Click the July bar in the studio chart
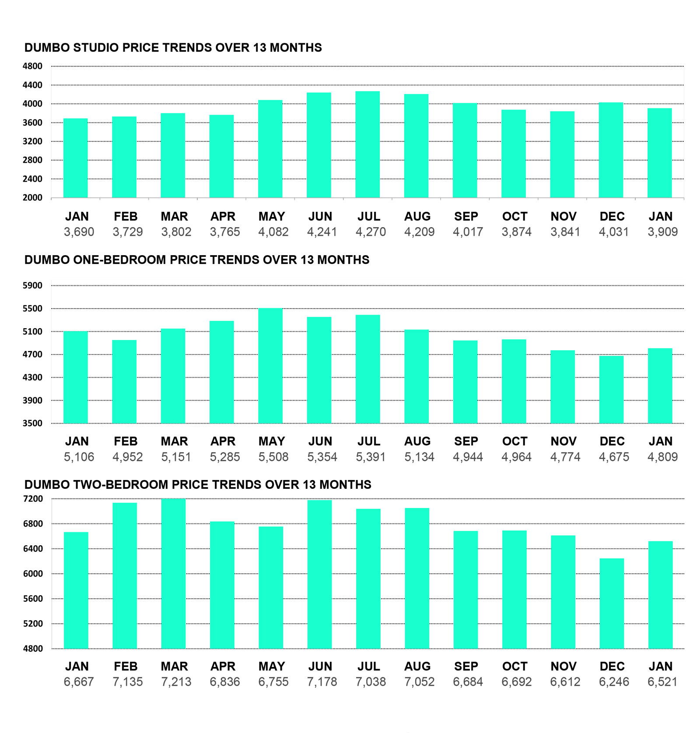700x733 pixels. click(367, 144)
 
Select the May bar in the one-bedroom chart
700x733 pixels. click(270, 366)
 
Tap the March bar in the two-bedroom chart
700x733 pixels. click(173, 573)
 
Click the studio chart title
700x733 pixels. click(173, 48)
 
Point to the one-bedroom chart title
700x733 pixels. click(196, 260)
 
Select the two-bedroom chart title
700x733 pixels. click(197, 484)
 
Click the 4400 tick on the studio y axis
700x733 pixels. click(32, 85)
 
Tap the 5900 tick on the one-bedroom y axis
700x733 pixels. click(32, 286)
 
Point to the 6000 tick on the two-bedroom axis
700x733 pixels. click(32, 574)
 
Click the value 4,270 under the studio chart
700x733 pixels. click(371, 232)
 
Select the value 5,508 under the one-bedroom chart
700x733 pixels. click(273, 457)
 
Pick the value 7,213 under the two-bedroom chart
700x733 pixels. click(176, 682)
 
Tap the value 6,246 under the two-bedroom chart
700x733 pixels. click(614, 682)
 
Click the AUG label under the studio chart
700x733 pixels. click(417, 217)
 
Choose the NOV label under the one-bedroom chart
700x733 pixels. click(563, 441)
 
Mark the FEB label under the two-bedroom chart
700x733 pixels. click(126, 666)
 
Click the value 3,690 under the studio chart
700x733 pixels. click(79, 232)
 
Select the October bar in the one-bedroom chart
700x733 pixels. click(514, 381)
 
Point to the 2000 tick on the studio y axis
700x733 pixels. click(32, 198)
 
